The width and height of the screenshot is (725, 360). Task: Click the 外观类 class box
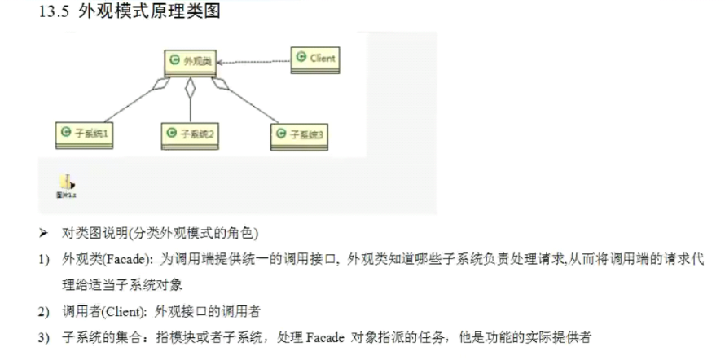tap(190, 61)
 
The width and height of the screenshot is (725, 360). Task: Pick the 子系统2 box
tap(190, 133)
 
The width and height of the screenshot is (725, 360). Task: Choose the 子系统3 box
tap(299, 134)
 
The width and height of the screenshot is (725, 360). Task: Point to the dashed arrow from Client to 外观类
tap(256, 61)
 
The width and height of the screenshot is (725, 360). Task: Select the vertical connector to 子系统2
tap(190, 102)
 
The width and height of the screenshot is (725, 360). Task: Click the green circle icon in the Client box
tap(301, 57)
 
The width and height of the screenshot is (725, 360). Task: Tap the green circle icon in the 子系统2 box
tap(170, 133)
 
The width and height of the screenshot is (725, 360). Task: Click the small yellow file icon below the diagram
tap(65, 182)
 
